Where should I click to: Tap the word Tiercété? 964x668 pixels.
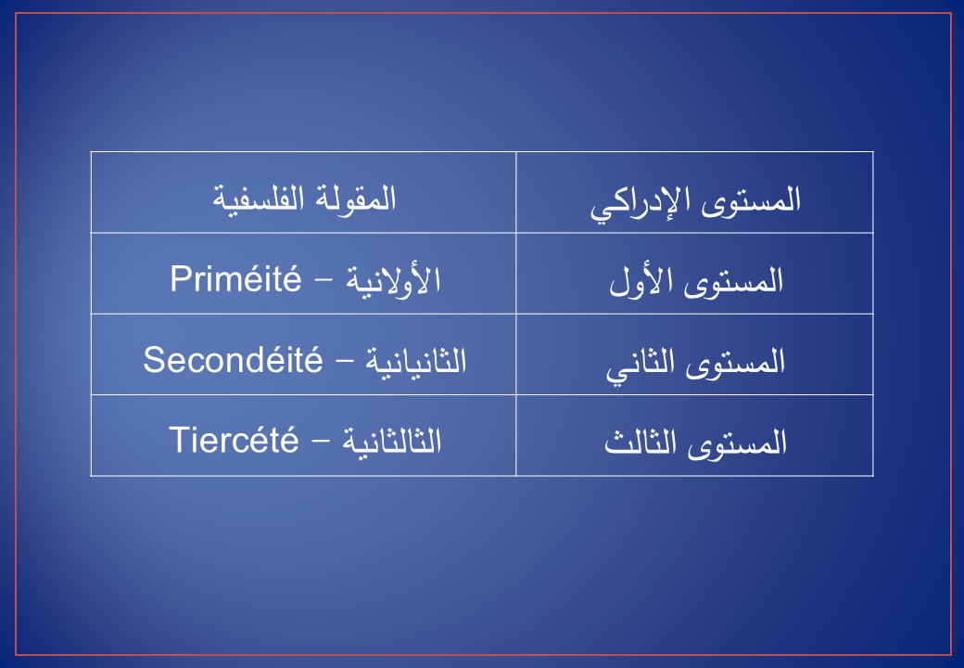pos(234,440)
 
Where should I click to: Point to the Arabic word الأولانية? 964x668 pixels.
pos(393,280)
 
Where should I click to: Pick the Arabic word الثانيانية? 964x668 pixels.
pos(415,361)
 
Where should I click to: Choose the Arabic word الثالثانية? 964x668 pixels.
pos(391,441)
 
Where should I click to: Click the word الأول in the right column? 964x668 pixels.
pos(641,282)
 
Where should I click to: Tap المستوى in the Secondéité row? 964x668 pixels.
pos(735,362)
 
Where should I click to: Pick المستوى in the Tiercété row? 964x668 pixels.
pos(737,443)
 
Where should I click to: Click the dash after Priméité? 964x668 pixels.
pos(323,283)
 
